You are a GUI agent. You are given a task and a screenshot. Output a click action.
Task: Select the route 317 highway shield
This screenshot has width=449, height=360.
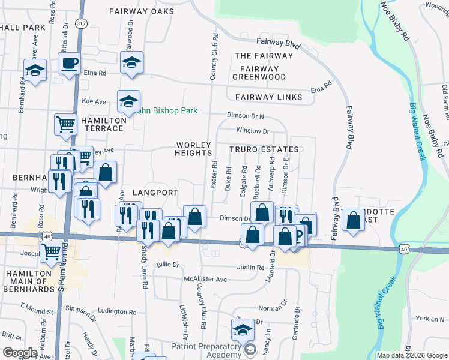(80, 23)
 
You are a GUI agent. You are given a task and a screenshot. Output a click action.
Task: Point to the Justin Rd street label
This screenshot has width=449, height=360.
(250, 268)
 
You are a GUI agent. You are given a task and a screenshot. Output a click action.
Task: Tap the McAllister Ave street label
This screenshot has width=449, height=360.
(205, 279)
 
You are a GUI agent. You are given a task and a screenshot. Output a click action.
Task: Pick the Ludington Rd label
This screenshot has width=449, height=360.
(117, 311)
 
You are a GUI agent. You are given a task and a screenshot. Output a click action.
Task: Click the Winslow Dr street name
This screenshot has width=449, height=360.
(253, 130)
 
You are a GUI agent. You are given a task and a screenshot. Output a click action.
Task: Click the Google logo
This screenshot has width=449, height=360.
(19, 353)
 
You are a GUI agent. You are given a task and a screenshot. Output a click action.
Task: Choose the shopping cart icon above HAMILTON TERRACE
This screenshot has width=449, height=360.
(65, 124)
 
